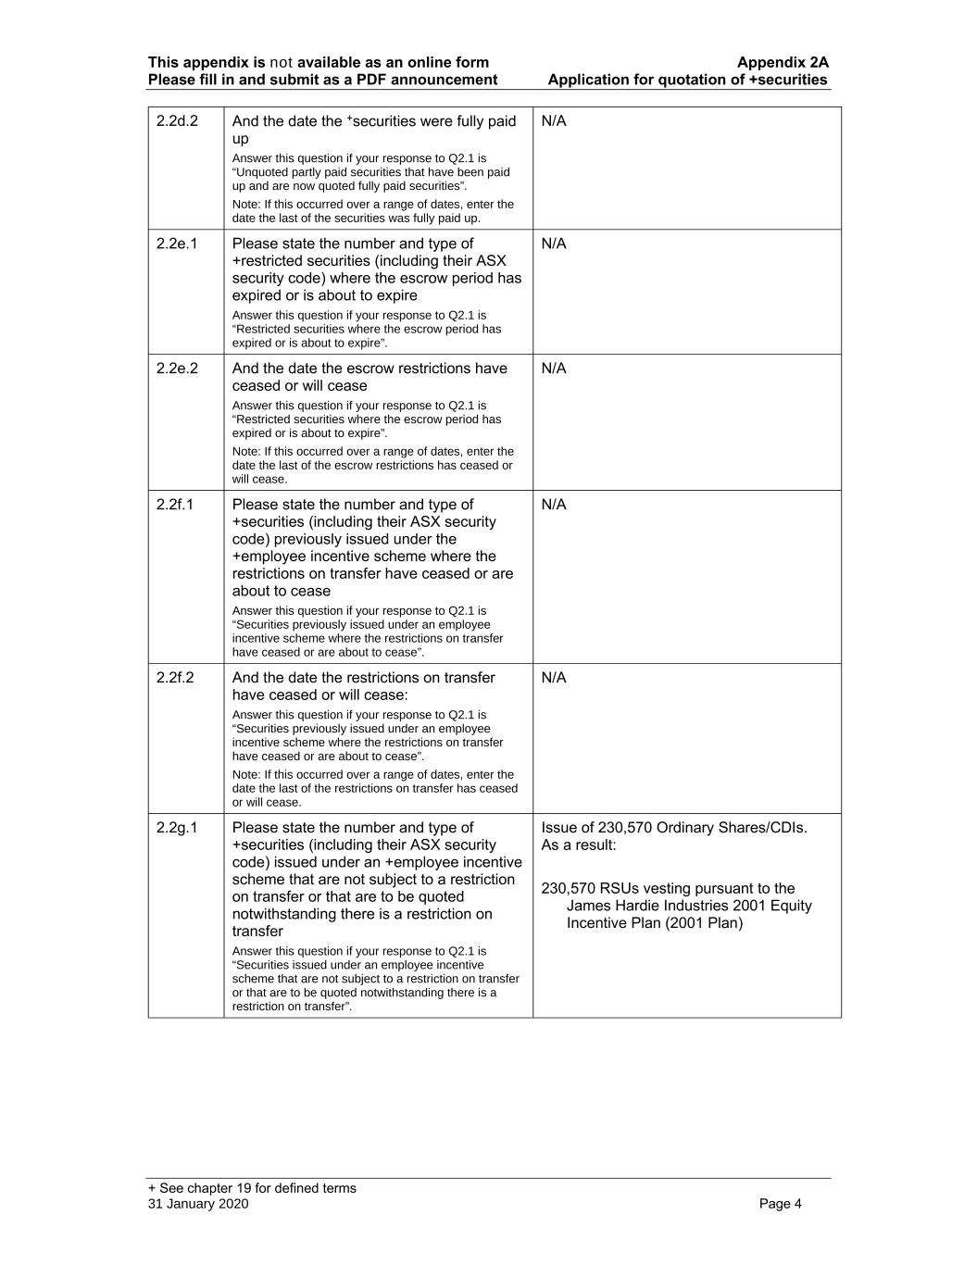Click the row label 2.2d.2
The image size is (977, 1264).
coord(177,121)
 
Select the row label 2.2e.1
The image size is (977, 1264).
coord(177,244)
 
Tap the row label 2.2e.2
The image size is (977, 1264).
coord(177,369)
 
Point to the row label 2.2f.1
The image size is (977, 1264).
coord(175,505)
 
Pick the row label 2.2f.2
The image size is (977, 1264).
coord(175,678)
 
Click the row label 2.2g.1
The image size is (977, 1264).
coord(177,828)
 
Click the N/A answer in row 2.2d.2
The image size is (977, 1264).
coord(554,121)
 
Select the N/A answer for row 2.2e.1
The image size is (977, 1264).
coord(554,244)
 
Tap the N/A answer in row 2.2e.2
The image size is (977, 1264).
coord(554,369)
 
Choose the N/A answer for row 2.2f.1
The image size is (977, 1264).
coord(554,505)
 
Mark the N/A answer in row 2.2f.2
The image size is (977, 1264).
coord(554,678)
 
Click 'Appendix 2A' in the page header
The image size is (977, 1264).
coord(783,63)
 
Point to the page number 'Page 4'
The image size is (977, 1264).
coord(780,1204)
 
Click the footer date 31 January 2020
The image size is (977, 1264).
coord(198,1204)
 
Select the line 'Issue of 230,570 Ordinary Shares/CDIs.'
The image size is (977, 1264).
coord(674,828)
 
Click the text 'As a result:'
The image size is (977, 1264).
coord(579,845)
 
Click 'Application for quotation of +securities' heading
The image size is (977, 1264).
coord(687,80)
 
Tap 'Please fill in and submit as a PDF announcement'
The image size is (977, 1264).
coord(322,80)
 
